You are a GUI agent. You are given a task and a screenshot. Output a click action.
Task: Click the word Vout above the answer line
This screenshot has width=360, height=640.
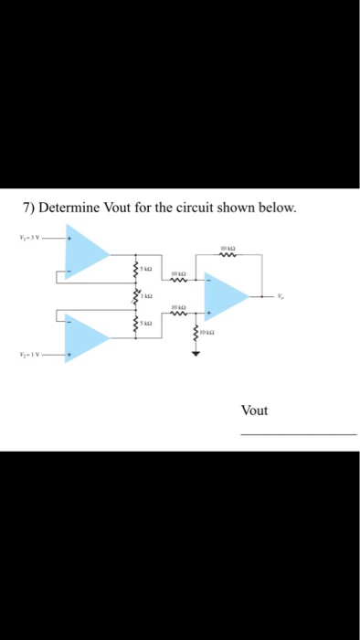click(255, 410)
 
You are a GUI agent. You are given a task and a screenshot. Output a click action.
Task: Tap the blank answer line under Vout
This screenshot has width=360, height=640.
click(298, 434)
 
